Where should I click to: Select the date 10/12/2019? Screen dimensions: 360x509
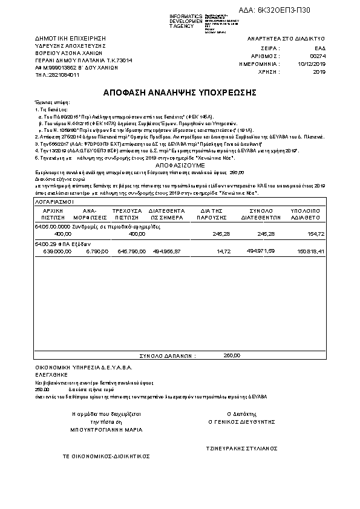tap(312, 63)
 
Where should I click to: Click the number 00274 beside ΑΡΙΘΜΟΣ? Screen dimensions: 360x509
tap(318, 55)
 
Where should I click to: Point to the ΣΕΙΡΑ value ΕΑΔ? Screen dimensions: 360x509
tap(320, 47)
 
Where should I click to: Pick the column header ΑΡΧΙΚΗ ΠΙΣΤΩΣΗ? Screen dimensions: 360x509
tap(53, 212)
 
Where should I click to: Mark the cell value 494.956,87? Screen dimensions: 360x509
tap(166, 250)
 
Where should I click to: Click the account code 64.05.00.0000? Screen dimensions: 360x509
tap(53, 225)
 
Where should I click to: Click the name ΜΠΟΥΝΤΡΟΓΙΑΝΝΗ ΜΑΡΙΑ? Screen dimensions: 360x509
tap(106, 430)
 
